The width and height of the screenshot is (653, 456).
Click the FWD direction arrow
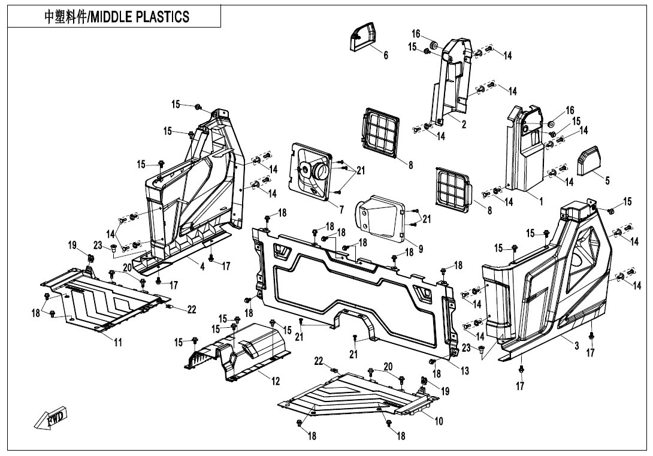[51, 418]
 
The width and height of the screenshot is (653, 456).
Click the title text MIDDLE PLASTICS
[117, 17]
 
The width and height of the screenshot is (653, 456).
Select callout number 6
[386, 56]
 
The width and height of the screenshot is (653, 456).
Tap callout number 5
[607, 181]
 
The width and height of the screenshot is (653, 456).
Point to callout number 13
[465, 371]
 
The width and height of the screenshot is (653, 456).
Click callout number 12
[276, 382]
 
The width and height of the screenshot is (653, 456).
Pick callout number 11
[118, 342]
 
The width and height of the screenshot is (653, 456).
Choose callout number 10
[439, 421]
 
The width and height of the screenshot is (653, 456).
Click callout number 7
[341, 210]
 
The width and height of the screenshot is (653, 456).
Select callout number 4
[202, 267]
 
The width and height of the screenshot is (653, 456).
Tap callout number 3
[576, 346]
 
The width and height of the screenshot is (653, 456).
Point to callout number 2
[464, 124]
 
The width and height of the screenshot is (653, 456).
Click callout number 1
[541, 201]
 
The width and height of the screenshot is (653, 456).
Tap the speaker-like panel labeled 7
[313, 173]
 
